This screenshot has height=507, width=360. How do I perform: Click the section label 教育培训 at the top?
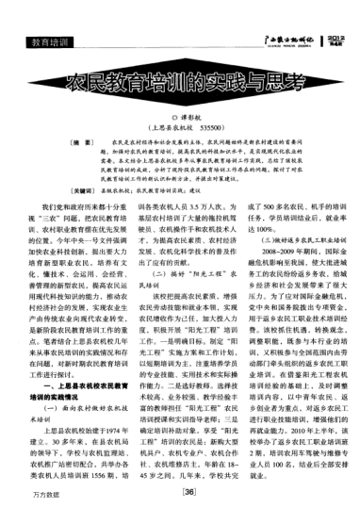47,43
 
